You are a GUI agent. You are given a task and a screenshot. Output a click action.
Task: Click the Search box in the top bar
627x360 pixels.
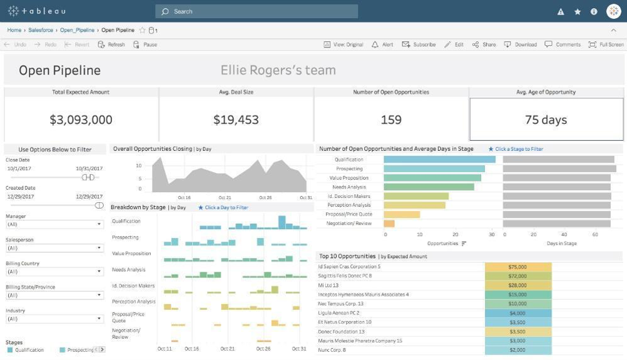pyautogui.click(x=257, y=11)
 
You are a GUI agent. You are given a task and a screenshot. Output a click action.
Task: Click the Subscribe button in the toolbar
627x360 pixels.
pyautogui.click(x=419, y=44)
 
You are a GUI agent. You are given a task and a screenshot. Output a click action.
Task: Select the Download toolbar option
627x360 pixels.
pyautogui.click(x=521, y=44)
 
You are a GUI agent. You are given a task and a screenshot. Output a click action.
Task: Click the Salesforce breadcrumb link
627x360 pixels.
pyautogui.click(x=41, y=30)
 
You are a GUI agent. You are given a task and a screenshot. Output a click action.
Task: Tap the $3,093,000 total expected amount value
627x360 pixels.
pyautogui.click(x=81, y=120)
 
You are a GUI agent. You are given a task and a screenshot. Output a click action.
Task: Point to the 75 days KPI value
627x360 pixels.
pyautogui.click(x=546, y=120)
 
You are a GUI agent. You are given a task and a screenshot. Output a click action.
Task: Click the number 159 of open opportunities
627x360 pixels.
pyautogui.click(x=391, y=120)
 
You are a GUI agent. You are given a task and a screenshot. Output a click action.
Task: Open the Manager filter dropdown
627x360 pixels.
pyautogui.click(x=54, y=224)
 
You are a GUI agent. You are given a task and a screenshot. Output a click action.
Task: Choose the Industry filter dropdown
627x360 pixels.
pyautogui.click(x=54, y=319)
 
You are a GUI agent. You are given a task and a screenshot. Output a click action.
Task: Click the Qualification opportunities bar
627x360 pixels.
pyautogui.click(x=439, y=160)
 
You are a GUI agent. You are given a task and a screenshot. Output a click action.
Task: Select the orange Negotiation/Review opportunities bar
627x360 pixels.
pyautogui.click(x=389, y=224)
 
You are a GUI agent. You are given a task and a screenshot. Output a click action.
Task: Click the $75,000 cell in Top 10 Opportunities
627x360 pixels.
pyautogui.click(x=517, y=267)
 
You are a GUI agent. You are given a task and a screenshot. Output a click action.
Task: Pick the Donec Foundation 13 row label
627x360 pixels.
pyautogui.click(x=342, y=332)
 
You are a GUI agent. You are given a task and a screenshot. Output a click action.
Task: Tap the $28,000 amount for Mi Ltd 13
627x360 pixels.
pyautogui.click(x=517, y=285)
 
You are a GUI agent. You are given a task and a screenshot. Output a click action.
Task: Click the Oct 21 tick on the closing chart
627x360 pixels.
pyautogui.click(x=225, y=197)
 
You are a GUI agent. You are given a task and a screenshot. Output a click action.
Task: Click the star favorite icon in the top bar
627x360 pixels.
pyautogui.click(x=578, y=11)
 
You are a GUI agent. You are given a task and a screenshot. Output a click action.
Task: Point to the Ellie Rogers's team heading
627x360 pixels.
pyautogui.click(x=278, y=71)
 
